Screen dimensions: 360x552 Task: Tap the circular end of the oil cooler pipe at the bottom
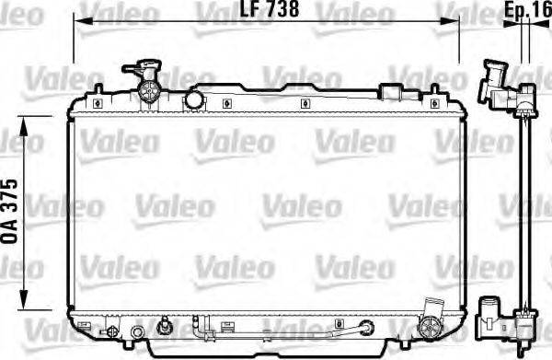tap(368, 326)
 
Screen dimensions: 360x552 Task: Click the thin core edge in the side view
tap(524, 212)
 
